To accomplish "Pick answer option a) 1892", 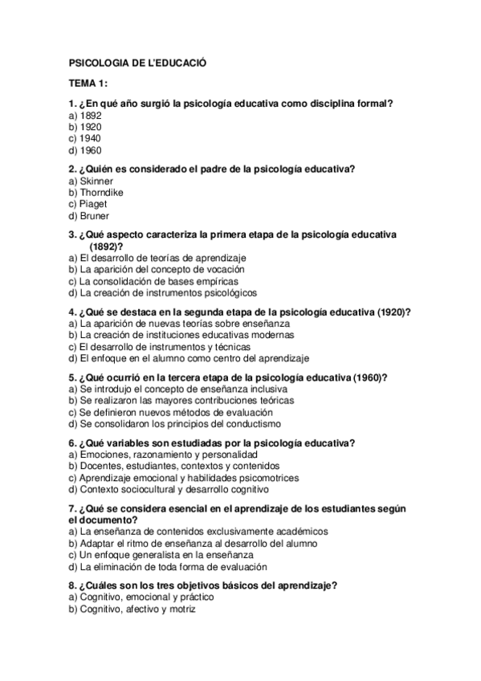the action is coord(85,116).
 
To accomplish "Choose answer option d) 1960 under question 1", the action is coord(85,149).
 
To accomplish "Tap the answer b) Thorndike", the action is coord(96,193).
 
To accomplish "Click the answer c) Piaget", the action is coord(89,204).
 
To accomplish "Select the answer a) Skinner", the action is coord(91,181).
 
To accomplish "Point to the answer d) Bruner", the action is coord(89,216).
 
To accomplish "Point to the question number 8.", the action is coord(72,585).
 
